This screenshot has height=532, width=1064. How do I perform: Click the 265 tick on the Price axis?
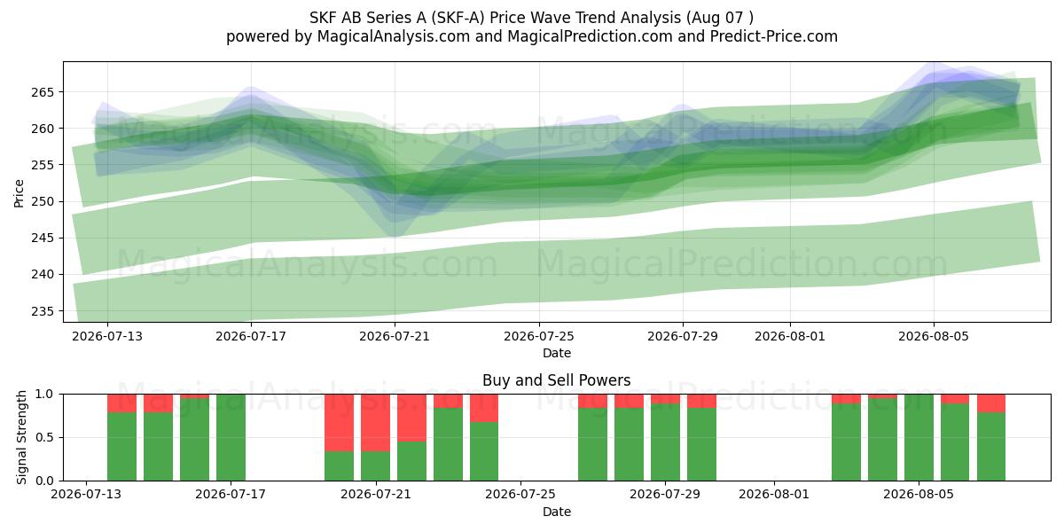point(43,92)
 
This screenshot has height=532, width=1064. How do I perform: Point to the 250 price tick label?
point(43,202)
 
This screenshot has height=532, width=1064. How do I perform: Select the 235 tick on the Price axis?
point(43,311)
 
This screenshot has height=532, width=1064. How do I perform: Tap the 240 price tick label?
point(43,275)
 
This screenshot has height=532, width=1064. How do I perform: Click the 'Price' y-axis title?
point(19,194)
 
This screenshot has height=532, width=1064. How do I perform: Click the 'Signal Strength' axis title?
point(21,437)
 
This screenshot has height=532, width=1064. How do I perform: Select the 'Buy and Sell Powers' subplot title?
point(556,380)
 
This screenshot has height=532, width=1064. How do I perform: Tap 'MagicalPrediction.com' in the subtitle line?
point(590,36)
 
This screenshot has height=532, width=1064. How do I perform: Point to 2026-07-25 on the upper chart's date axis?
point(539,336)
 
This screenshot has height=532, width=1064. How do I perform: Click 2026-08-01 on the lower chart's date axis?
point(774,495)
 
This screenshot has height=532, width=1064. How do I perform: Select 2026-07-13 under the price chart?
point(107,336)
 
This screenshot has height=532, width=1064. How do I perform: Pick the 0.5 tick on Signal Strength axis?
point(44,437)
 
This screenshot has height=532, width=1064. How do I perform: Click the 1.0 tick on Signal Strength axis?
point(44,395)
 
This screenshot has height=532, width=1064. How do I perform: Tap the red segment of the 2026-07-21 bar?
point(375,423)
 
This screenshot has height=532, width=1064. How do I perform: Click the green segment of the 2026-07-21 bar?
point(375,466)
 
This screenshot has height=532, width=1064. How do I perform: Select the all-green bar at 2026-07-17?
point(231,437)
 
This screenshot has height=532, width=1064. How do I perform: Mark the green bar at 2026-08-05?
point(919,437)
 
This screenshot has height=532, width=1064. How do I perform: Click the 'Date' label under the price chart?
point(557,354)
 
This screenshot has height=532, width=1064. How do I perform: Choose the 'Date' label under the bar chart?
point(557,512)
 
